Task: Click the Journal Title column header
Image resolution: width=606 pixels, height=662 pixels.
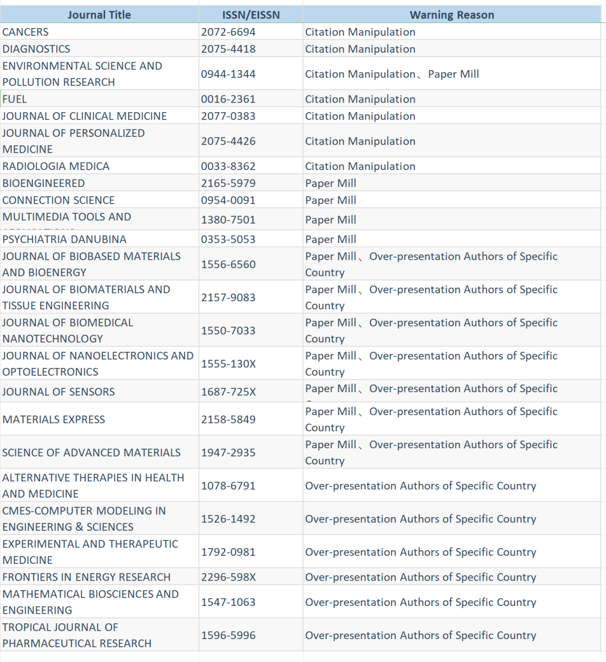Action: tap(99, 15)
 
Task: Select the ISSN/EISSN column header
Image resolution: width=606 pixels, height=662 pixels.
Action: tap(251, 15)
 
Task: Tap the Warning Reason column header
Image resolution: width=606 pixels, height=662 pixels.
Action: tap(452, 15)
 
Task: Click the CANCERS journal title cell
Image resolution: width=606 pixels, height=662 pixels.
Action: tap(26, 32)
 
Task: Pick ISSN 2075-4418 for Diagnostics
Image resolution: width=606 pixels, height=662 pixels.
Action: tap(228, 49)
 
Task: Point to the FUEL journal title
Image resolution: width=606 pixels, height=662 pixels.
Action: tap(15, 99)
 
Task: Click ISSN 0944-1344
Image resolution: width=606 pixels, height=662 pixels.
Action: tap(228, 74)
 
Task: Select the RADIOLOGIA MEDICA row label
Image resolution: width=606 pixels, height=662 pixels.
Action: tap(56, 167)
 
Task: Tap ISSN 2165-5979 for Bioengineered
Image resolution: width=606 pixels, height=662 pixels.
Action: tap(228, 183)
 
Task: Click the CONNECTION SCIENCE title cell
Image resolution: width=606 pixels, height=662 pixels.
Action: tap(58, 200)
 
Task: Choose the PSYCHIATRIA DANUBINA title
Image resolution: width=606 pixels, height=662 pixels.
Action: tap(65, 240)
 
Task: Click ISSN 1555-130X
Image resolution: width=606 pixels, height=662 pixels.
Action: tap(228, 364)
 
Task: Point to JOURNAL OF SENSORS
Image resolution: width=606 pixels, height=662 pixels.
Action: tap(58, 392)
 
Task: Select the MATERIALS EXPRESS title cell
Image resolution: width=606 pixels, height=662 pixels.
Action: tap(54, 420)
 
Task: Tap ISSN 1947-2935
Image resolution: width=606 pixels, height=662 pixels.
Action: tap(228, 453)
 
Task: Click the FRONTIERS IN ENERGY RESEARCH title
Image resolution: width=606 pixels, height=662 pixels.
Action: tap(86, 577)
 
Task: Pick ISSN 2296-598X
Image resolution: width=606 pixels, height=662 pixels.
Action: tap(228, 577)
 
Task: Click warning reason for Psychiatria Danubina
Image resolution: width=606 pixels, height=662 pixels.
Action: tap(330, 240)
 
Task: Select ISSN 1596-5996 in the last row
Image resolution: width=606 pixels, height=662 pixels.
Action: tap(228, 636)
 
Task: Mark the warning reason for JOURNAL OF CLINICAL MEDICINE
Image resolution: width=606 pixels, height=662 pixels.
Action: tap(360, 116)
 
